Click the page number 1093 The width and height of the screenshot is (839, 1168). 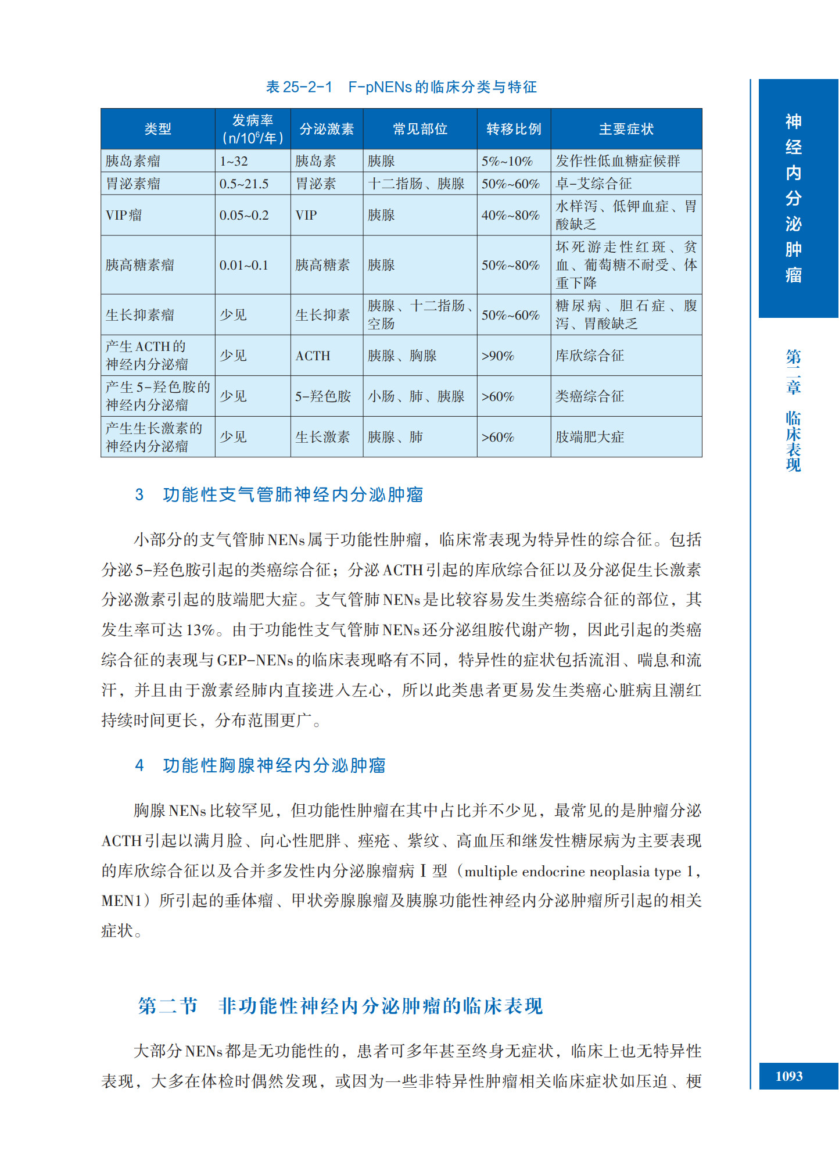tap(788, 1076)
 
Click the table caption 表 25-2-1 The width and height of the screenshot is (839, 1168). tap(299, 87)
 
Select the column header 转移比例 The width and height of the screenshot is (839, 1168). tap(514, 129)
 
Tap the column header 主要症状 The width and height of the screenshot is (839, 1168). tap(626, 129)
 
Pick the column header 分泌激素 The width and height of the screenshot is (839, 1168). tap(327, 129)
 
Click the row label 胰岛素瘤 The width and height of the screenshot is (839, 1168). tap(133, 161)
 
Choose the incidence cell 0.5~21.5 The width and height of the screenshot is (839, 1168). tap(244, 184)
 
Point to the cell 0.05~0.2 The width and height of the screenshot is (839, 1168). tap(244, 215)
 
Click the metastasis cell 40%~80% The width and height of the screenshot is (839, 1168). tap(510, 215)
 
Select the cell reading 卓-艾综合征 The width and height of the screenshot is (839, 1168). tap(593, 184)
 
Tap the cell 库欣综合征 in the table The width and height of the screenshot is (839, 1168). tap(589, 356)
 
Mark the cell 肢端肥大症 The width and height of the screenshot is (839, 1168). tap(589, 437)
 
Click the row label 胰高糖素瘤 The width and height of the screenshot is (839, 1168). tap(140, 265)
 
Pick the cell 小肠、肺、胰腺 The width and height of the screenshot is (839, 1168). tap(416, 396)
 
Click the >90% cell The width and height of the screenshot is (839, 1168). tap(497, 356)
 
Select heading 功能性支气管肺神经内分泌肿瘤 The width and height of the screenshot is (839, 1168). tap(293, 495)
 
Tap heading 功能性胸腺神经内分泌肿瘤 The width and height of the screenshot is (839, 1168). tap(274, 765)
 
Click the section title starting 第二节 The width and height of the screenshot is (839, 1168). tap(340, 1006)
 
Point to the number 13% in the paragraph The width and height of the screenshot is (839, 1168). tap(200, 630)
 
